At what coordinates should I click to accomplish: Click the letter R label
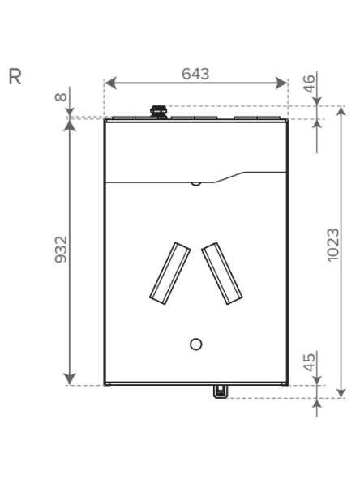(15, 77)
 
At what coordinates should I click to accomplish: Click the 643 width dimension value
(195, 74)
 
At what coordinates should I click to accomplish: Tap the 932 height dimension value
(61, 250)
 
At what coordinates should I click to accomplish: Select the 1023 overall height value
(333, 245)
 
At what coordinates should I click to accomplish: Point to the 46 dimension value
(309, 83)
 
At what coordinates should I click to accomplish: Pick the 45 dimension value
(309, 362)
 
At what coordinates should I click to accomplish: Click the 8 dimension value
(61, 97)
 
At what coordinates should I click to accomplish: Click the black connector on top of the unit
(159, 112)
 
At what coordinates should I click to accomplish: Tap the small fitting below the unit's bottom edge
(220, 391)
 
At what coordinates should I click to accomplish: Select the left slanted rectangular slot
(170, 273)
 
